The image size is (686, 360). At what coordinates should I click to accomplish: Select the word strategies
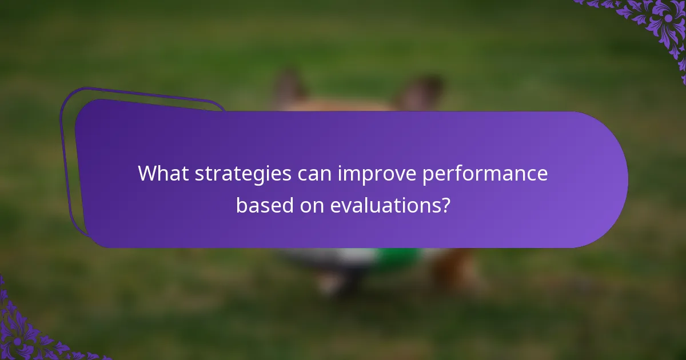tap(243, 174)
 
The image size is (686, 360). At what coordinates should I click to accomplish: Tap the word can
tap(314, 174)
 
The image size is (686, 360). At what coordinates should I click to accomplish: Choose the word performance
tap(485, 174)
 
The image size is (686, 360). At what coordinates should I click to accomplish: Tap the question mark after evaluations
tap(444, 205)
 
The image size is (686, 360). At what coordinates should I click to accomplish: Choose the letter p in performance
tap(428, 175)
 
